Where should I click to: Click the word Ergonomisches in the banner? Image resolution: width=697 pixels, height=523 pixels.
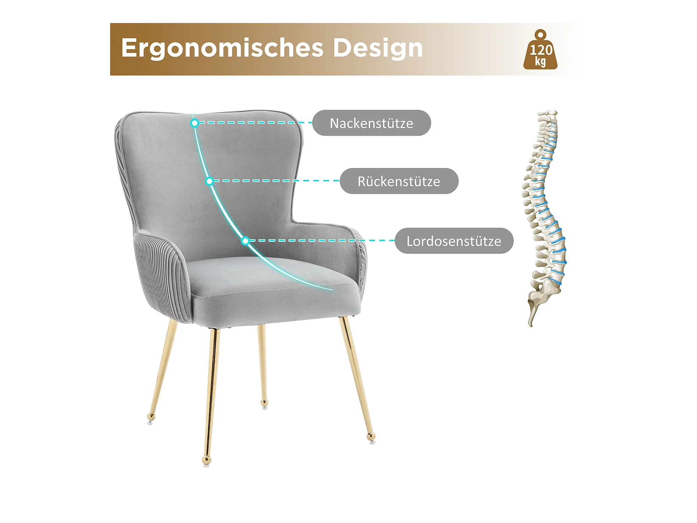point(222,48)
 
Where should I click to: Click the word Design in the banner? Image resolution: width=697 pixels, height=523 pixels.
point(378,48)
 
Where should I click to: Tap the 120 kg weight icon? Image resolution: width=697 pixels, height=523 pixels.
point(540,49)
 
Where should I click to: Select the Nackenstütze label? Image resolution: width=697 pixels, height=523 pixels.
point(372,123)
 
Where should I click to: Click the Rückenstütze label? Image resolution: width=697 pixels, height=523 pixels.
point(399,181)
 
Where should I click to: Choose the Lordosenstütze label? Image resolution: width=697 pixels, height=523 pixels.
point(454,241)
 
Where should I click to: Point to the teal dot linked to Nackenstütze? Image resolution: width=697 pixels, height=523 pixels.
point(195,123)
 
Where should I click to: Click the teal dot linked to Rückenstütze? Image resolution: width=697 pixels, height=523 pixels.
point(209,181)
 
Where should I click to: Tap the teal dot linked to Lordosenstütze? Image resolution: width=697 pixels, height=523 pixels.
point(245,241)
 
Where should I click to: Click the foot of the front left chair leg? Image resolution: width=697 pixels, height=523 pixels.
point(206,461)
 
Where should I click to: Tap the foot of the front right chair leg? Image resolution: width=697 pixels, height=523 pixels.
point(372,437)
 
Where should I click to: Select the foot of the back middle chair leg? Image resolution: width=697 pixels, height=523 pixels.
point(265,404)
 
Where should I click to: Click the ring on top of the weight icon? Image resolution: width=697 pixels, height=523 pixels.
point(541,35)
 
